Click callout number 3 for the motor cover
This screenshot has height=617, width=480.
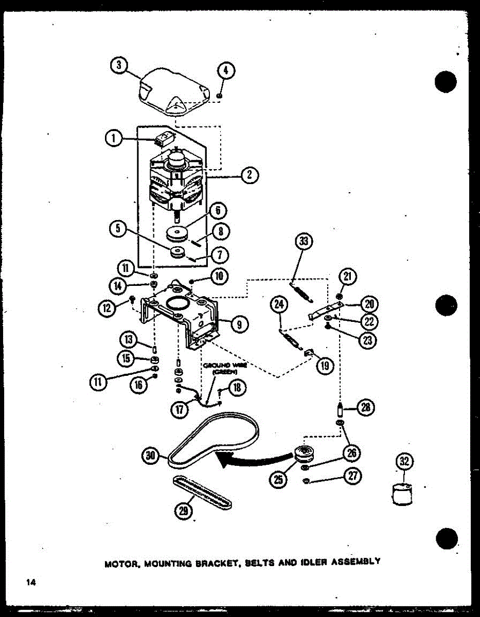click(x=119, y=65)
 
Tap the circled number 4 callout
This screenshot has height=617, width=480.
click(x=226, y=71)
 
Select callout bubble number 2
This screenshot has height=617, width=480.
click(x=249, y=175)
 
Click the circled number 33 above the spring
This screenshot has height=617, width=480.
click(x=304, y=241)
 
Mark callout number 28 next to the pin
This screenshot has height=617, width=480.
click(x=366, y=408)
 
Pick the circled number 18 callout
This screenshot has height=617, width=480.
click(x=237, y=387)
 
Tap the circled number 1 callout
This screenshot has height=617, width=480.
click(x=114, y=138)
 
